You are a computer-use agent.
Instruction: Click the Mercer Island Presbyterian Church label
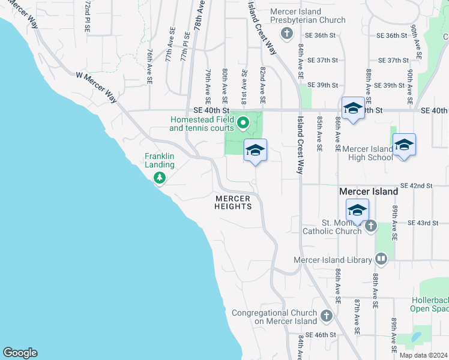click(x=307, y=16)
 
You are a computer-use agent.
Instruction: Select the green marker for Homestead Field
click(x=243, y=124)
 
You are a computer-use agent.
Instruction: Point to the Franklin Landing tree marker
click(x=159, y=178)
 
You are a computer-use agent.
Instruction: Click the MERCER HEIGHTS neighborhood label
click(x=232, y=202)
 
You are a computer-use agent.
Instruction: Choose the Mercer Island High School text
click(x=367, y=153)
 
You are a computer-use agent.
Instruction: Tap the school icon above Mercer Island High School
click(x=404, y=145)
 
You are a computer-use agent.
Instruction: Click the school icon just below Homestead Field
click(x=255, y=151)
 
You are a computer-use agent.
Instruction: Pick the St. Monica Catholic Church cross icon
click(x=370, y=226)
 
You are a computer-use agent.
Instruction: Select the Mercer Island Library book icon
click(x=381, y=259)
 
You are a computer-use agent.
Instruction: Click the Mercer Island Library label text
click(x=332, y=260)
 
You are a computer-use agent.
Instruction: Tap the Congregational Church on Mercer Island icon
click(x=326, y=316)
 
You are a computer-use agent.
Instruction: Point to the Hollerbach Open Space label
click(x=430, y=304)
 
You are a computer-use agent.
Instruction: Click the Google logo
click(x=20, y=353)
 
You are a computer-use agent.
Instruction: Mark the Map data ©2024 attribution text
click(x=423, y=355)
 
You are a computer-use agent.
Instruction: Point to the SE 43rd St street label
click(x=423, y=223)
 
